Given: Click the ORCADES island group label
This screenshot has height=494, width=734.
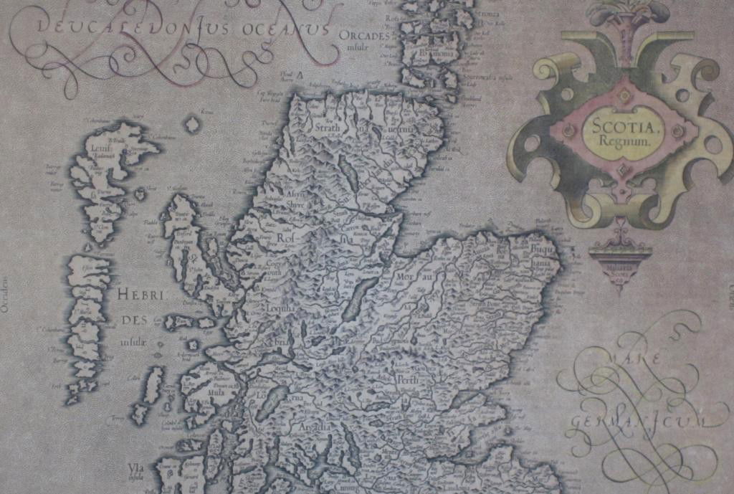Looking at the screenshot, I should (365, 35).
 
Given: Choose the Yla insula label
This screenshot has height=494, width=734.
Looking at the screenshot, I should (135, 471).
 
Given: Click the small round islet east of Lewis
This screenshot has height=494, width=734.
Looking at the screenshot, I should (192, 125).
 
